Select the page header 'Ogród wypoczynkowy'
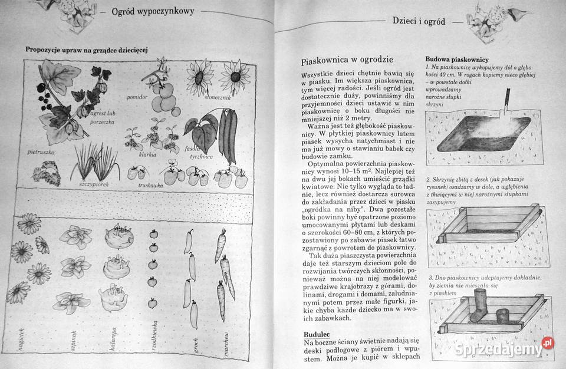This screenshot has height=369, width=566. click(153, 12)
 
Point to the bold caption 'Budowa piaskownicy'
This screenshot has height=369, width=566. click(456, 60)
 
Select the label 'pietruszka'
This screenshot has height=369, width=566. click(41, 152)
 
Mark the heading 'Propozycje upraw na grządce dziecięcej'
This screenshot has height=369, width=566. click(86, 50)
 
